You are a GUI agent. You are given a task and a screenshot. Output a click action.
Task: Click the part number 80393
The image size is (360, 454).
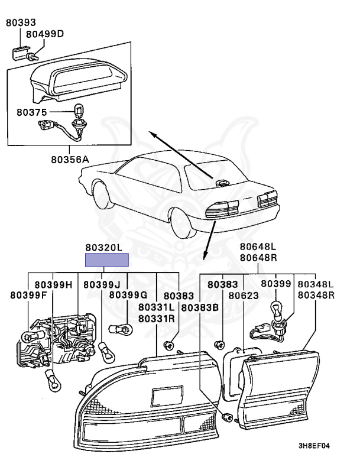(21, 23)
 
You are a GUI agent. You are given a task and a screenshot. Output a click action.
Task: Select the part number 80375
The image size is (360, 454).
(30, 111)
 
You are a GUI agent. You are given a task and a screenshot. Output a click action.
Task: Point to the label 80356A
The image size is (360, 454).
(69, 159)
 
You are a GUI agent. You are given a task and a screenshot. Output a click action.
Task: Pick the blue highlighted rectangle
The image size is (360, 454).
(107, 260)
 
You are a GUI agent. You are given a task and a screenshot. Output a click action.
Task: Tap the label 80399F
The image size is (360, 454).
(27, 295)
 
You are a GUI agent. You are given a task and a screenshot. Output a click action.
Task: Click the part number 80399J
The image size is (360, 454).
(101, 285)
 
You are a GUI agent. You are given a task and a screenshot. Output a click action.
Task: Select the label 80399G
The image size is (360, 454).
(128, 295)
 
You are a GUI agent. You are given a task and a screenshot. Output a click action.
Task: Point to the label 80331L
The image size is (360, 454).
(156, 307)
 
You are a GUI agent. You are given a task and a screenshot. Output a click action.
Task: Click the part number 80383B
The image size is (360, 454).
(200, 307)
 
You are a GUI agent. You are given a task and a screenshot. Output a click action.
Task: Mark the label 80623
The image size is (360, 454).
(243, 295)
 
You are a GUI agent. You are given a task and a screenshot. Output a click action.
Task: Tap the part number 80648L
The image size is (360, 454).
(258, 247)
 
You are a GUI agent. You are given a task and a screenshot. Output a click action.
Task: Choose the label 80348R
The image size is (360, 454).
(316, 295)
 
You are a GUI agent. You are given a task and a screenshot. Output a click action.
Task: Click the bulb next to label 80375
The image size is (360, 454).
(79, 111)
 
